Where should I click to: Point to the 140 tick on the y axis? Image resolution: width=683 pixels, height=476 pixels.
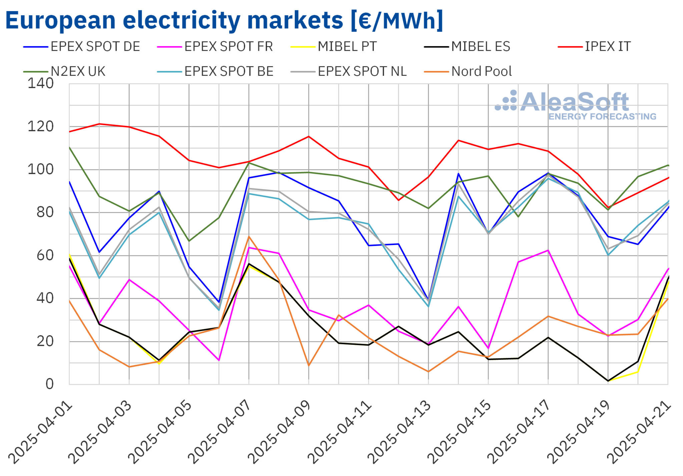tap(40, 83)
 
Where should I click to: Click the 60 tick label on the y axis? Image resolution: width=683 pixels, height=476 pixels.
tap(45, 255)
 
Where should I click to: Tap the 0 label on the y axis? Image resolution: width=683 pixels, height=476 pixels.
tap(49, 384)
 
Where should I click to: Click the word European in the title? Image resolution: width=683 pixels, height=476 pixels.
tap(60, 21)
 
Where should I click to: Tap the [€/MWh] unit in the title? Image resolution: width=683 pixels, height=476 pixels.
tap(397, 21)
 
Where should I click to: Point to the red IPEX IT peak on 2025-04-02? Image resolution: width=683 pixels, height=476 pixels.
tap(99, 124)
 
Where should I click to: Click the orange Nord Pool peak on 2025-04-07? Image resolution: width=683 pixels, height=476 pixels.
tap(249, 237)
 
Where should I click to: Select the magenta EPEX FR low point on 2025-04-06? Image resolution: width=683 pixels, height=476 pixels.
tap(219, 360)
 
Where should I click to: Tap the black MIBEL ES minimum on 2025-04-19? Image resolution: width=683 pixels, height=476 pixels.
tap(608, 381)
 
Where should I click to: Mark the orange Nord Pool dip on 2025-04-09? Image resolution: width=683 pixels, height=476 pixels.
tap(308, 366)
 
